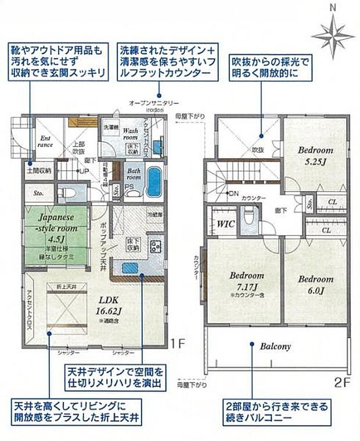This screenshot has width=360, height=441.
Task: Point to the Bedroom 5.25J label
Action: (315, 155)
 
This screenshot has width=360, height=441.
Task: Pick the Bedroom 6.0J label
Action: (316, 283)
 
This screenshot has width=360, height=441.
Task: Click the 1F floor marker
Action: (178, 343)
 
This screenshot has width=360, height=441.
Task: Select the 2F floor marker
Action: (343, 384)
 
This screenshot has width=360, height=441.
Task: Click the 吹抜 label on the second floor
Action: (257, 149)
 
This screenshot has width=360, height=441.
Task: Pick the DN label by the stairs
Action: (233, 193)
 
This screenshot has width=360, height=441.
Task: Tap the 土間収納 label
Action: (39, 171)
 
